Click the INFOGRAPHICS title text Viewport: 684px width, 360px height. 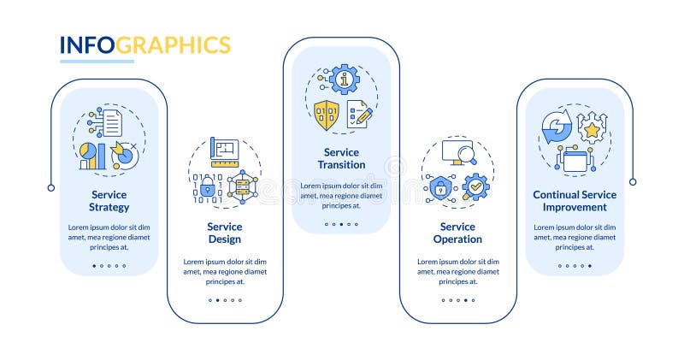144,44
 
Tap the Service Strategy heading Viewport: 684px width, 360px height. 109,201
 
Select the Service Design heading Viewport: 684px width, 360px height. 225,233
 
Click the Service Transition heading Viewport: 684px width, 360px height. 341,158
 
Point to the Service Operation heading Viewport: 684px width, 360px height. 457,233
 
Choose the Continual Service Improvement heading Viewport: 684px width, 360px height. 575,201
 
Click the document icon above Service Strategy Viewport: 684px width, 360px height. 112,121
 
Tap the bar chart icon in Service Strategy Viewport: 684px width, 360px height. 92,156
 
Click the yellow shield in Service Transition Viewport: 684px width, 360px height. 326,115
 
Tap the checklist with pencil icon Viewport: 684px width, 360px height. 359,115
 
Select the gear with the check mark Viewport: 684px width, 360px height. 475,186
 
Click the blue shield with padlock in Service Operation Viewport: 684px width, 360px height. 441,188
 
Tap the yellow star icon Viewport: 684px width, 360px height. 589,129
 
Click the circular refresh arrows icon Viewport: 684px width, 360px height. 556,128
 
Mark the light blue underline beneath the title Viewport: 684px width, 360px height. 97,62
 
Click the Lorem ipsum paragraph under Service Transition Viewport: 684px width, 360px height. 341,195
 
